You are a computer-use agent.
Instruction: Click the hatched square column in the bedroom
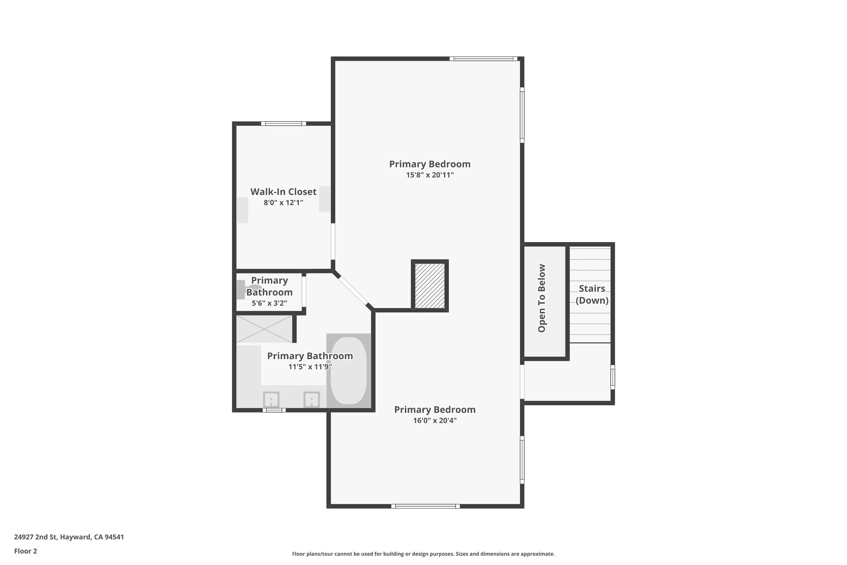click(430, 286)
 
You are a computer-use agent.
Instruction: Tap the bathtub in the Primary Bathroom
click(349, 371)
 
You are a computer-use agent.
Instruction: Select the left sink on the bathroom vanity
click(271, 400)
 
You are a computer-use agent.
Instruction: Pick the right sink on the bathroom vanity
click(311, 400)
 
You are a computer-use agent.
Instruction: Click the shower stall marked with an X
click(264, 329)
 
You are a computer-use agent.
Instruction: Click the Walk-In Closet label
click(283, 192)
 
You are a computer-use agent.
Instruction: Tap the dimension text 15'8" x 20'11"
click(430, 175)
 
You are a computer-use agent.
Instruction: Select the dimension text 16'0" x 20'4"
click(435, 421)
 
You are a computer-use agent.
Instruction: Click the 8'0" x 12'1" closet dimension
click(283, 203)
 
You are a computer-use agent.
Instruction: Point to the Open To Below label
click(542, 298)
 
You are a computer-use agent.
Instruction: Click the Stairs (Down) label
click(592, 294)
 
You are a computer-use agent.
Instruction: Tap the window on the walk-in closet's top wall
click(283, 123)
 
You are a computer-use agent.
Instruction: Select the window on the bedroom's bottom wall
click(425, 506)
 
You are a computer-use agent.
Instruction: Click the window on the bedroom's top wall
click(483, 59)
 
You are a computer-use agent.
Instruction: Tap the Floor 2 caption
click(26, 551)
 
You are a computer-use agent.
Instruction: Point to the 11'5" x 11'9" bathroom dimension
click(310, 367)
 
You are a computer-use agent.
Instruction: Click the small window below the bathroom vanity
click(274, 410)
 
